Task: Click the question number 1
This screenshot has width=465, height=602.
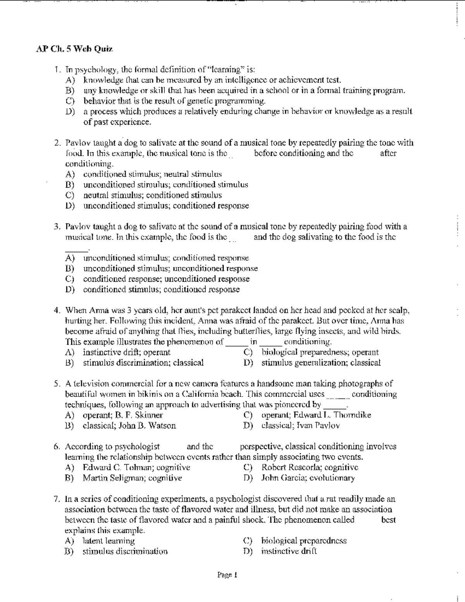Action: pos(58,70)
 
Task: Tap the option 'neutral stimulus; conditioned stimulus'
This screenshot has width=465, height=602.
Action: pos(152,195)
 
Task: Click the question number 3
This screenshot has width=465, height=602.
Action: pos(57,227)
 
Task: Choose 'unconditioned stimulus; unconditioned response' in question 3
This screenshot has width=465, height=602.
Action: pos(170,269)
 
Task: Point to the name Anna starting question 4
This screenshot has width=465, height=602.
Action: pos(99,310)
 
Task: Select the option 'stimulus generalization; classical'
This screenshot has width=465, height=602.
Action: pos(321,363)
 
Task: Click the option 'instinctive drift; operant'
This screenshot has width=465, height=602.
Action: pos(127,352)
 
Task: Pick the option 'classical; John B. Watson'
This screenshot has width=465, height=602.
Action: pos(129,426)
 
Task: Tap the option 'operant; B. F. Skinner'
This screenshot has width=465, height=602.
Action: pos(123,415)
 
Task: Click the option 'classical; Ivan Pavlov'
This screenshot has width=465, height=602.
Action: pos(301,426)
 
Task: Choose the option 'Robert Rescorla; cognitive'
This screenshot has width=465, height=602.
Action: pos(310,467)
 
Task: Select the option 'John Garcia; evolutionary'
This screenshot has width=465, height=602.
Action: pos(308,478)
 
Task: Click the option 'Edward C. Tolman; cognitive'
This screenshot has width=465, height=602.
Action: pos(136,467)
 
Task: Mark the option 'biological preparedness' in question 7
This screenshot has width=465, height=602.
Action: pos(304,541)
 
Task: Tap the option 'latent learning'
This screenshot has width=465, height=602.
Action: pos(108,541)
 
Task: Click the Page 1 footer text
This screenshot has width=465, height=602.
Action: pos(227,575)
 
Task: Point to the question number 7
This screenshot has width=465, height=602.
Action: pos(57,499)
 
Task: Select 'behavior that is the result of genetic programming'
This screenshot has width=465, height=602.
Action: pos(174,102)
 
